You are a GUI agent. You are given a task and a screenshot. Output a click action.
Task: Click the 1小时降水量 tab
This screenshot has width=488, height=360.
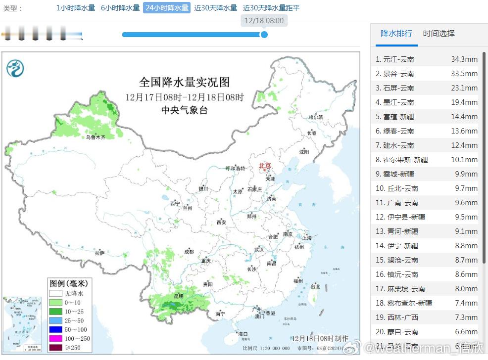[x=75, y=8]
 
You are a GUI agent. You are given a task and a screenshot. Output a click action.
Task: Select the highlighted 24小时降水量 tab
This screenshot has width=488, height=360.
[x=167, y=8]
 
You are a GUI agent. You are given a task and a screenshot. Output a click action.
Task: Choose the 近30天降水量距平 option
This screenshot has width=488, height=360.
[x=271, y=8]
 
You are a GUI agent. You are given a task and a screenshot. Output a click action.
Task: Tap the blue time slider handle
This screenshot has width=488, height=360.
[x=264, y=35]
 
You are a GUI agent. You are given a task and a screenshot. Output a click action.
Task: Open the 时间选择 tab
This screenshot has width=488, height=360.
[x=439, y=34]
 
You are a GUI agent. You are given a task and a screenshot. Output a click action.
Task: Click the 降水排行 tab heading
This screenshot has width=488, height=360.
[x=396, y=34]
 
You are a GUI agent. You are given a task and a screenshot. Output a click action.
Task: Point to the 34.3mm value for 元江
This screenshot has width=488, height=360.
[x=464, y=59]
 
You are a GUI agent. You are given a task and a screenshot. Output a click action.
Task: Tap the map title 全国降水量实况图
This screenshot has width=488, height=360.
[x=184, y=82]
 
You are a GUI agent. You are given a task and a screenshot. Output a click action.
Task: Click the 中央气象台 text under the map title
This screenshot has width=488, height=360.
[x=184, y=110]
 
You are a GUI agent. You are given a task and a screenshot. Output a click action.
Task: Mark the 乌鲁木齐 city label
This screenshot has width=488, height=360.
[x=95, y=137]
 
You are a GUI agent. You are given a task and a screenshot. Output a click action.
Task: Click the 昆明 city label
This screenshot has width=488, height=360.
[x=178, y=296]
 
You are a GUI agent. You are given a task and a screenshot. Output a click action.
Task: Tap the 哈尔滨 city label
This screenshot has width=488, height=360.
[x=315, y=117]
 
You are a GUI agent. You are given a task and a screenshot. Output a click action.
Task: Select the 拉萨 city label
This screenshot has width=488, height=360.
[x=100, y=253]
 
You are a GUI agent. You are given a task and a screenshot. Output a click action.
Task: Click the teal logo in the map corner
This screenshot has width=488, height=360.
[x=15, y=68]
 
